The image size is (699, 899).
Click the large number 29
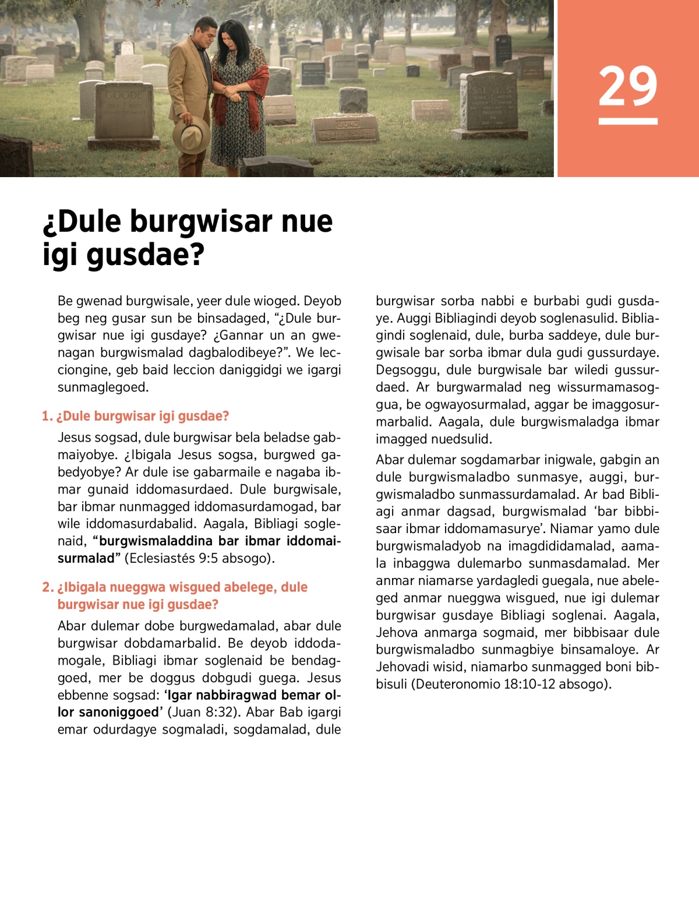coord(627,86)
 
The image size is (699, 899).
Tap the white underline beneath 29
coord(627,121)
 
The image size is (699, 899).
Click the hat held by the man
coord(190,134)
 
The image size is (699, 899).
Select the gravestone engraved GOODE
coord(124,111)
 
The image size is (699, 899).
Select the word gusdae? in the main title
coord(146,255)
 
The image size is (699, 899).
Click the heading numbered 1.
coord(136,416)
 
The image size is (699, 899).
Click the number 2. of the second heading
coord(48,587)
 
